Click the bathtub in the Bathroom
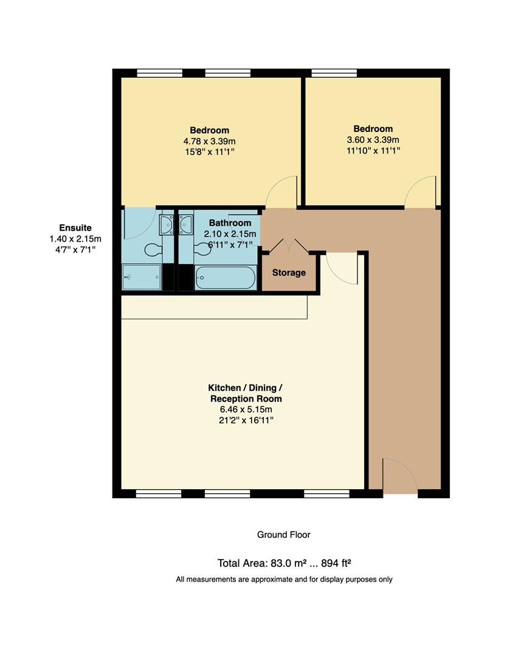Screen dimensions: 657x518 [x=225, y=278]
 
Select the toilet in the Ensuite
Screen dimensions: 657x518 [x=153, y=249]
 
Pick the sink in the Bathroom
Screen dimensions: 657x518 [x=185, y=225]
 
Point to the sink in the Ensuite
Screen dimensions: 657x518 [x=166, y=225]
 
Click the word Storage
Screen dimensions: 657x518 [x=289, y=273]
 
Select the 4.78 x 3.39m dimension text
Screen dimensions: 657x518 [x=209, y=141]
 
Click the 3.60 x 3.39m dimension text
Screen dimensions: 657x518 [x=373, y=140]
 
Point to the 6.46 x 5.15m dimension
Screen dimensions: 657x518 [x=245, y=410]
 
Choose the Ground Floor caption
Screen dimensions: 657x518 [x=283, y=535]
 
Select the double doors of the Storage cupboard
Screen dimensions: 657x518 [x=289, y=246]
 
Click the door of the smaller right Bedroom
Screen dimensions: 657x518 [x=420, y=192]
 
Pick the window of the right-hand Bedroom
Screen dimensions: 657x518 [x=334, y=73]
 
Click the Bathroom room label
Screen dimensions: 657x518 [x=230, y=223]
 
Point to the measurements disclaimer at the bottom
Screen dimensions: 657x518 [x=284, y=579]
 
